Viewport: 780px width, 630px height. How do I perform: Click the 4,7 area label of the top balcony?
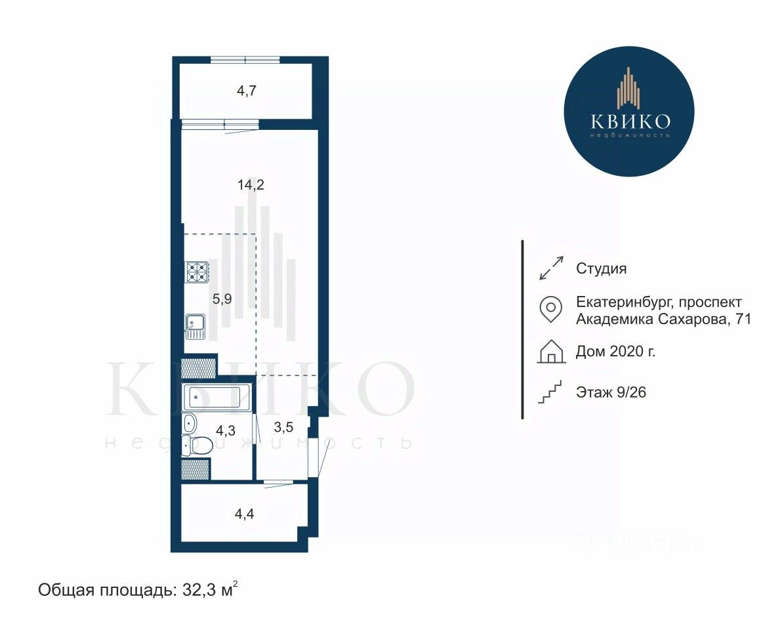point(246,91)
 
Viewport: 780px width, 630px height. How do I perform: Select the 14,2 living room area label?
point(251,185)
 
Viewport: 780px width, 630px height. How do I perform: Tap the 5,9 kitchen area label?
point(222,299)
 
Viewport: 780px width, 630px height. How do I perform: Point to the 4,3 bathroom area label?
point(226,429)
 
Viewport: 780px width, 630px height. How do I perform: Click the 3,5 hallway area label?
point(283,427)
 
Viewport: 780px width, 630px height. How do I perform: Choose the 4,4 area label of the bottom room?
point(244,513)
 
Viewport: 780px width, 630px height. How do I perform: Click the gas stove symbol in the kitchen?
point(197,272)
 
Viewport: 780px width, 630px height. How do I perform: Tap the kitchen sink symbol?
point(195,326)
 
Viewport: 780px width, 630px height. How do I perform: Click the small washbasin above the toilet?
point(190,424)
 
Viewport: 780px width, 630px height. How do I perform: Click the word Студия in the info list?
point(601,268)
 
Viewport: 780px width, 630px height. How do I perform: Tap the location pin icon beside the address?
point(551,309)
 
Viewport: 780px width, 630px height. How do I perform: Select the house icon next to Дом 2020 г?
point(551,351)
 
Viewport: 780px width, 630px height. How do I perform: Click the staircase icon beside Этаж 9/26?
point(550,392)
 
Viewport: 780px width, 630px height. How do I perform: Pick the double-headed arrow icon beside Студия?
point(552,268)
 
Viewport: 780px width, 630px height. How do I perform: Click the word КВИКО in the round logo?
point(630,121)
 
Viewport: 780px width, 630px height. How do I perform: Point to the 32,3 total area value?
point(200,590)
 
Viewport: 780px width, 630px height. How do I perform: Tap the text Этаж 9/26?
point(611,392)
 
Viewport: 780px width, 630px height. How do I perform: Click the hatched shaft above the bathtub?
point(198,368)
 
